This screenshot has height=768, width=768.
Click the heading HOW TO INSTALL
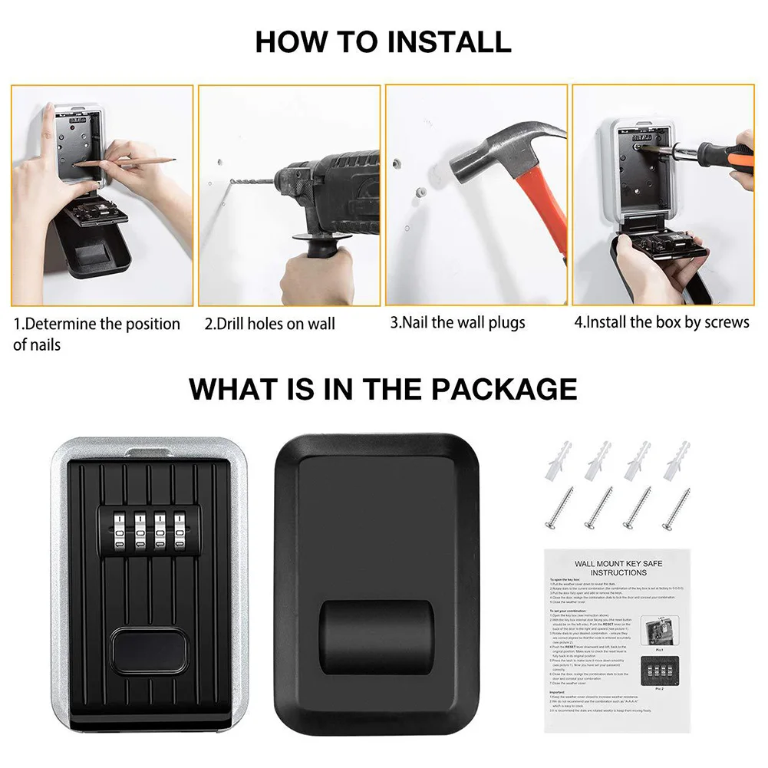pyautogui.click(x=383, y=41)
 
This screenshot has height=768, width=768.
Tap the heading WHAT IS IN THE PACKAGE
pyautogui.click(x=383, y=388)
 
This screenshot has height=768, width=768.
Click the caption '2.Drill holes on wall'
pyautogui.click(x=269, y=324)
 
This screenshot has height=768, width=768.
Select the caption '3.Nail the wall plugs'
pyautogui.click(x=457, y=322)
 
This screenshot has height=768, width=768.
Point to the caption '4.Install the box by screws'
pyautogui.click(x=661, y=322)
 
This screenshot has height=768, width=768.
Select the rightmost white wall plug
pyautogui.click(x=679, y=460)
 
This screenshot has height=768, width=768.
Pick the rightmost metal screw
pyautogui.click(x=676, y=508)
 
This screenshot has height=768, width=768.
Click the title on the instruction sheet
pyautogui.click(x=618, y=568)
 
